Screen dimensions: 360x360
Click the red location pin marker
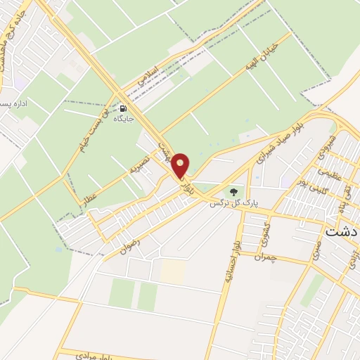click(181, 166)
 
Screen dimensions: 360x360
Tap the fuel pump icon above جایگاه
click(124, 108)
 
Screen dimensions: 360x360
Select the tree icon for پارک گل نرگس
click(233, 191)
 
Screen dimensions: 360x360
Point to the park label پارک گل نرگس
click(233, 202)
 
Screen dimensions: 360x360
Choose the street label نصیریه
click(141, 167)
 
